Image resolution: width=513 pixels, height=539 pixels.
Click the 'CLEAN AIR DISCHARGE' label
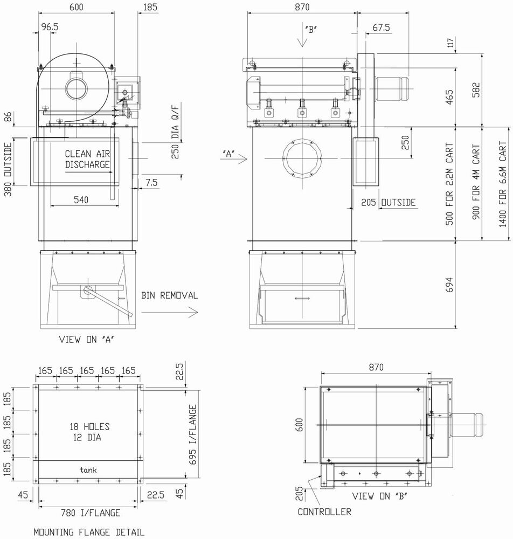pos(87,159)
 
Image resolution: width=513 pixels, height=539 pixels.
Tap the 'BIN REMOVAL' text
pos(170,295)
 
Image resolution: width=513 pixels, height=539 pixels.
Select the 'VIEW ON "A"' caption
pos(87,340)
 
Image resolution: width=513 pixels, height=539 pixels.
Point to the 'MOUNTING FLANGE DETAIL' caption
pos(89,532)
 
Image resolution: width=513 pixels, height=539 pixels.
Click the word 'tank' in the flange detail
pos(88,470)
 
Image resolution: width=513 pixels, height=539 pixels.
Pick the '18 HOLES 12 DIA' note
pos(89,432)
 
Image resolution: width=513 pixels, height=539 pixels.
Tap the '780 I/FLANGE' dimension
pos(91,513)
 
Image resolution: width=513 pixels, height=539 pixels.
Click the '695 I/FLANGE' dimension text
pos(193,434)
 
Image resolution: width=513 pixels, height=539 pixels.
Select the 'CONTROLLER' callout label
pos(324,512)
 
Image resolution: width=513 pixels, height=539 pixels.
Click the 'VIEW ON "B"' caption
pos(380,496)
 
